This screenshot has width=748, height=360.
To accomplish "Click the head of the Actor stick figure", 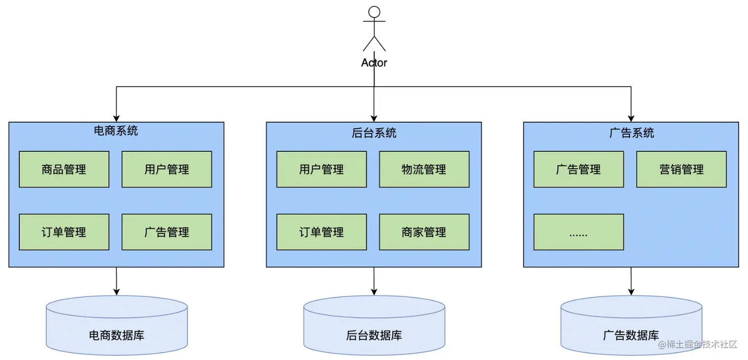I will coord(374,12).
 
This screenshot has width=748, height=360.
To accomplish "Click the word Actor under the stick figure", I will coord(374,63).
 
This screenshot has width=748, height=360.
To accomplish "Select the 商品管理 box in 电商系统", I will coord(64,169).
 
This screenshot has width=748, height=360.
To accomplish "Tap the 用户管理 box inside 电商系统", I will coord(167,169).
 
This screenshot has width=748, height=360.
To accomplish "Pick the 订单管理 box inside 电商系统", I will coord(64,232).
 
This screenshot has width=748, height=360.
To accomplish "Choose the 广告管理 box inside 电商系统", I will coord(167,232).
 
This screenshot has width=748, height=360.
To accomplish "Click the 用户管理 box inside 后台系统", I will coord(322,169).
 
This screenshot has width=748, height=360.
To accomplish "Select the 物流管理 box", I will coord(424,169).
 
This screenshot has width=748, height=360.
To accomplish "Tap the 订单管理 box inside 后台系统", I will coord(322,232).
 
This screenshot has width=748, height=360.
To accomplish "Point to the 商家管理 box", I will coord(424,232).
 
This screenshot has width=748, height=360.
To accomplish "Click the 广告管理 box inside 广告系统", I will coord(578,169).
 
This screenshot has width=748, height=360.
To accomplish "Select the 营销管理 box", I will coord(681,169).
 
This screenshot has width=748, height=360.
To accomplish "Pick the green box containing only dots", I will coord(578,232).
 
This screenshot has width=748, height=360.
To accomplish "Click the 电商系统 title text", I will coord(116,131).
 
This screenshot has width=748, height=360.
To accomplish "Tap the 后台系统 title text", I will coord(374,133).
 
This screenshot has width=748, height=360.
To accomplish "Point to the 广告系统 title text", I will coord(631,133).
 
